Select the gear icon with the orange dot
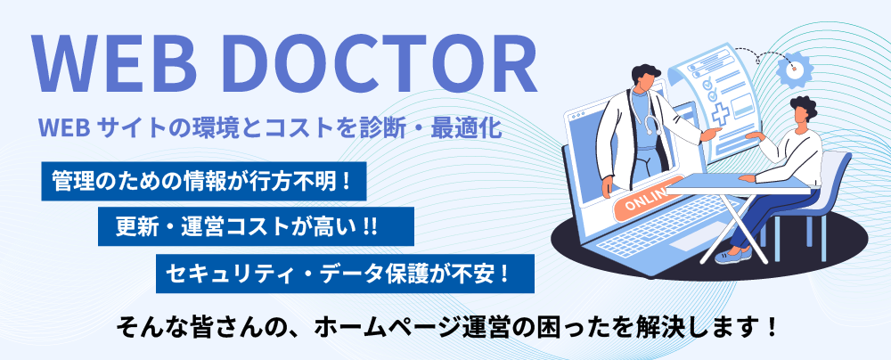pyautogui.click(x=795, y=69)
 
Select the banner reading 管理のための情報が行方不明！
pyautogui.click(x=204, y=181)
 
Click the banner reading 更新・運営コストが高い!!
pyautogui.click(x=256, y=226)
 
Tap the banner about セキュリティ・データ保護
pyautogui.click(x=345, y=274)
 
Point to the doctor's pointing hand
pyautogui.click(x=710, y=135)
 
